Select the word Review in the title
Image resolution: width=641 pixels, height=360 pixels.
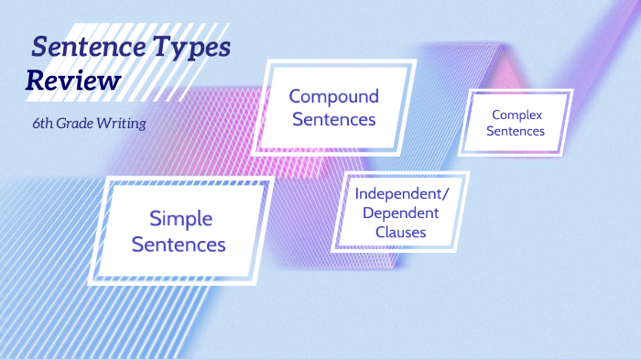(73, 81)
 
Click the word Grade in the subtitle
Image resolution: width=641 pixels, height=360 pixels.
(81, 124)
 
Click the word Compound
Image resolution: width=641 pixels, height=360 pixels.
(333, 96)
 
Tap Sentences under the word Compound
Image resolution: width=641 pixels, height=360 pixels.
(333, 119)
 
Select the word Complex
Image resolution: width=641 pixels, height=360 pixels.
(516, 115)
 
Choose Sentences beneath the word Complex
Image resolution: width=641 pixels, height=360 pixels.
(516, 131)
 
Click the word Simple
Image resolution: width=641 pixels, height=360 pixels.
(180, 219)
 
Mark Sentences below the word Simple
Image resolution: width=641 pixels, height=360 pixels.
(179, 245)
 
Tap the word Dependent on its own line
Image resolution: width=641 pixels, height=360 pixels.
(400, 213)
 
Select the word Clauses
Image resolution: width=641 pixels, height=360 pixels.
(400, 233)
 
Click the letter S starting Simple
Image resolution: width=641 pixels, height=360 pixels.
(156, 219)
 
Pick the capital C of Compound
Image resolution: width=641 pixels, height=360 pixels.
(296, 96)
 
